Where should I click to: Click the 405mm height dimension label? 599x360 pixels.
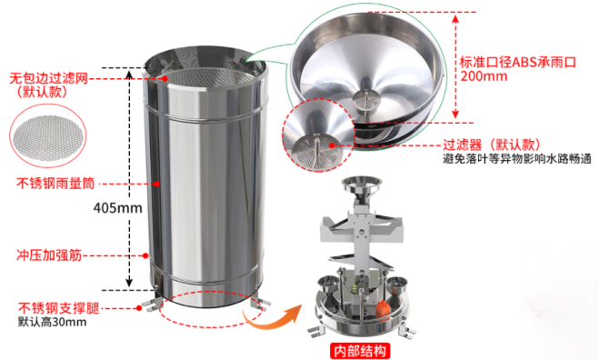pyautogui.click(x=117, y=208)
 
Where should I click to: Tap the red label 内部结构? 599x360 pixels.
pyautogui.click(x=360, y=350)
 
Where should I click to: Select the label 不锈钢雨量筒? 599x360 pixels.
pyautogui.click(x=55, y=184)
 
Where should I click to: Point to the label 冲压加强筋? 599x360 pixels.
pyautogui.click(x=49, y=255)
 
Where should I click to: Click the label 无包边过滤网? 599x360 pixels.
pyautogui.click(x=48, y=78)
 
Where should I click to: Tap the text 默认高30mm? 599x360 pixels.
pyautogui.click(x=53, y=322)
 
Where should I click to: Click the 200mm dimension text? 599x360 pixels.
pyautogui.click(x=484, y=76)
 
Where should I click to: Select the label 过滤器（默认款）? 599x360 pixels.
pyautogui.click(x=492, y=145)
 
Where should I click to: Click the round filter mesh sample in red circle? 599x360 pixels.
pyautogui.click(x=48, y=136)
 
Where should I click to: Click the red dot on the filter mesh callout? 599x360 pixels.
pyautogui.click(x=165, y=78)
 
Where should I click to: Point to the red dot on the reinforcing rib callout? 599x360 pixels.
pyautogui.click(x=145, y=255)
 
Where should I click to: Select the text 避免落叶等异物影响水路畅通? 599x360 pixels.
pyautogui.click(x=517, y=158)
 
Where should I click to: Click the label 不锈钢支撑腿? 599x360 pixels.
pyautogui.click(x=58, y=308)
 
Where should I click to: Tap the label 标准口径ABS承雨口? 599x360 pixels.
pyautogui.click(x=517, y=62)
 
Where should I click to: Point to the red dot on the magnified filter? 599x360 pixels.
pyautogui.click(x=332, y=145)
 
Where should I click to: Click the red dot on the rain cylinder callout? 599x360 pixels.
pyautogui.click(x=156, y=184)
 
